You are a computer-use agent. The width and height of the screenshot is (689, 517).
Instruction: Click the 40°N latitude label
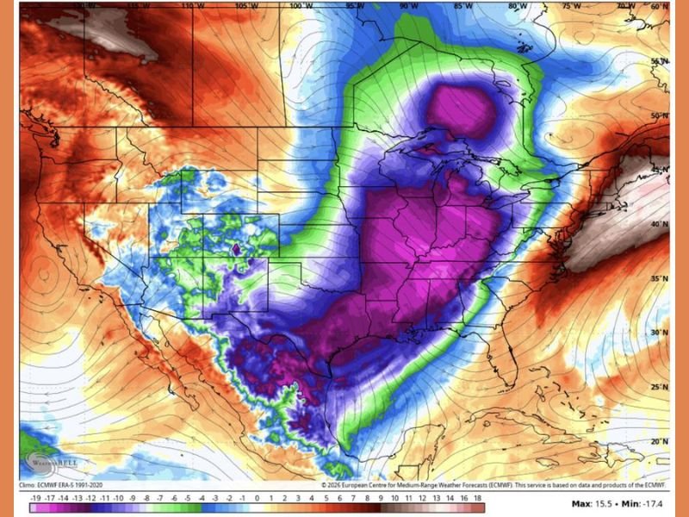pyautogui.click(x=659, y=224)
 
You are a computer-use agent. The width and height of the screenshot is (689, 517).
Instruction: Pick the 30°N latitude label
pyautogui.click(x=659, y=333)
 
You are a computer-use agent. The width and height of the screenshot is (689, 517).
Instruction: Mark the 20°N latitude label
pyautogui.click(x=659, y=441)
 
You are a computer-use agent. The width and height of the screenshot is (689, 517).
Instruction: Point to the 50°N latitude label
pyautogui.click(x=659, y=115)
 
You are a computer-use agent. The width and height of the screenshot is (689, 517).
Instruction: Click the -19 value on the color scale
pyautogui.click(x=35, y=498)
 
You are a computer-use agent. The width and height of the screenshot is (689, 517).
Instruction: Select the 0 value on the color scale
pyautogui.click(x=257, y=498)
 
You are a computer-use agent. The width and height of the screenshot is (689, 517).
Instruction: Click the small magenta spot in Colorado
pyautogui.click(x=236, y=251)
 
